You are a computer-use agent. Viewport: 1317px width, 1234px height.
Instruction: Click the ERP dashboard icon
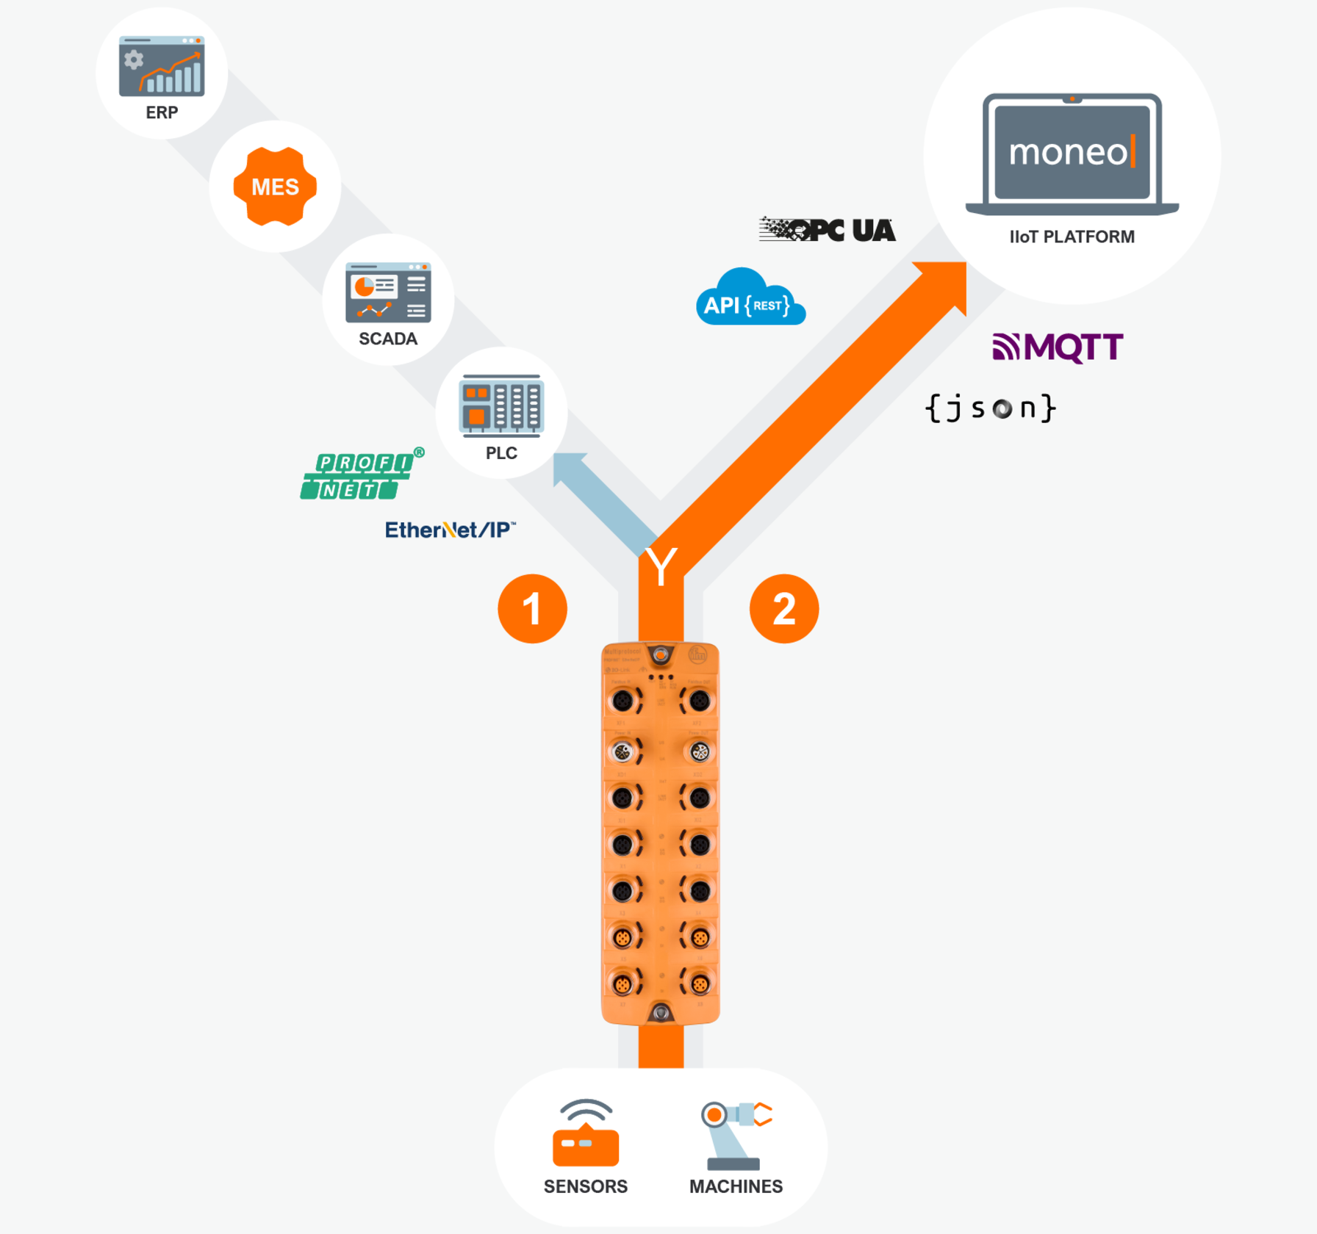162,65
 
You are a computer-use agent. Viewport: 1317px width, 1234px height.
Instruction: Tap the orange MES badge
275,187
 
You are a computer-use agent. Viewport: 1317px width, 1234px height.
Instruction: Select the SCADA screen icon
388,292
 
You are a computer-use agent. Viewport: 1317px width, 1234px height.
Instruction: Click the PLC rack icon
501,406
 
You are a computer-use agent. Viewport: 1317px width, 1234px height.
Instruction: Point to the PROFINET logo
360,476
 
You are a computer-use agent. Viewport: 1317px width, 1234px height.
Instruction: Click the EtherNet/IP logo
450,530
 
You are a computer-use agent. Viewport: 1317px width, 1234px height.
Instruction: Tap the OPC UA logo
827,230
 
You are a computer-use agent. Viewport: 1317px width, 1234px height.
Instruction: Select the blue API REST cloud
749,300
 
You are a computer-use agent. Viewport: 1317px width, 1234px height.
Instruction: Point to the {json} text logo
990,408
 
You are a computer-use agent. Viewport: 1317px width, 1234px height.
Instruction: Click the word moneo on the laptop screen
1067,152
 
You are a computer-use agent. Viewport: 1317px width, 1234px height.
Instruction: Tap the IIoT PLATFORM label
1071,237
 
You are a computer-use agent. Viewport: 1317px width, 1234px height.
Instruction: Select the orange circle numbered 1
532,608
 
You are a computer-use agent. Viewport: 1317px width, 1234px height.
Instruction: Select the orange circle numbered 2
783,608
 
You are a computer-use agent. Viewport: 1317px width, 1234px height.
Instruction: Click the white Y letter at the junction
661,567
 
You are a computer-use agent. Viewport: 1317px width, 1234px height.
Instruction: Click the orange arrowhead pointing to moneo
944,284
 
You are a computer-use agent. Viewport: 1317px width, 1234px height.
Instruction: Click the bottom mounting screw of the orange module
661,1014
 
